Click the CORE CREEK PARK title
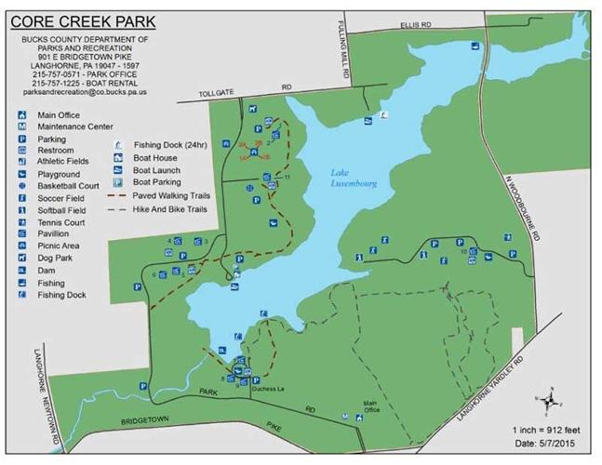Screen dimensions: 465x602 (84, 20)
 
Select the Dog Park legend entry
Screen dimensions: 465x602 (52, 259)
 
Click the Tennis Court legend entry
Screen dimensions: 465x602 (61, 222)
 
